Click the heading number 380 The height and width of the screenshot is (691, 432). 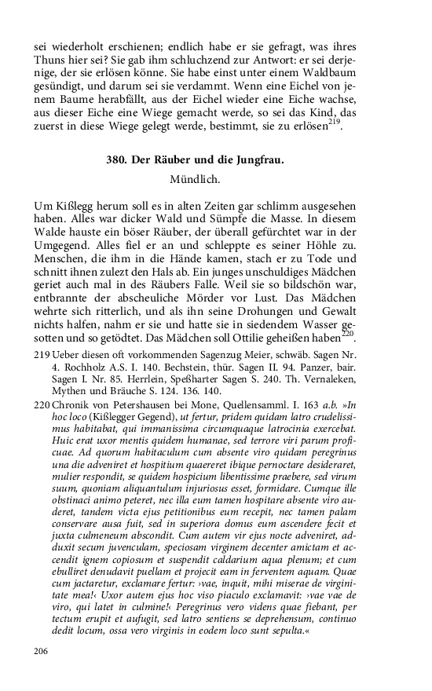point(118,160)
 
